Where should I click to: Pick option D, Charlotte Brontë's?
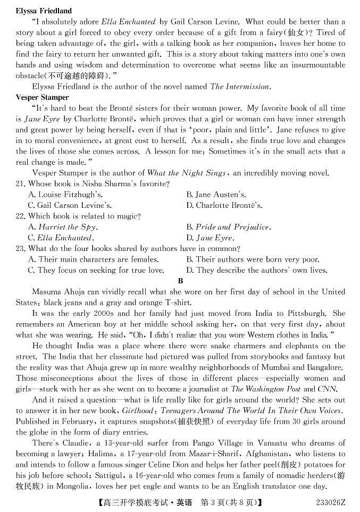click(x=224, y=205)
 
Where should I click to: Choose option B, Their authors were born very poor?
click(x=253, y=259)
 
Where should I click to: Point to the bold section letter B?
click(x=180, y=281)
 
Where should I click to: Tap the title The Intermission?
click(x=240, y=87)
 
